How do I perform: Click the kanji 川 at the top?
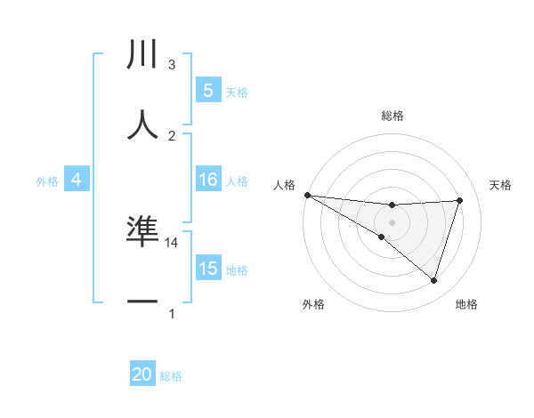pyautogui.click(x=143, y=55)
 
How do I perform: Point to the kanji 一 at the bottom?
pyautogui.click(x=143, y=301)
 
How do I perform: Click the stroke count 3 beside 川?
pyautogui.click(x=172, y=65)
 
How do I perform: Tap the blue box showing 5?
pyautogui.click(x=208, y=91)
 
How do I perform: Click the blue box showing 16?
pyautogui.click(x=208, y=181)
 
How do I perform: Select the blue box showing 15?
pyautogui.click(x=208, y=269)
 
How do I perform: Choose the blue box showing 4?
pyautogui.click(x=77, y=181)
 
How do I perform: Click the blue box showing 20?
pyautogui.click(x=142, y=375)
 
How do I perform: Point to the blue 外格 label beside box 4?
pyautogui.click(x=47, y=181)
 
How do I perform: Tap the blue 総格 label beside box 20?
pyautogui.click(x=171, y=376)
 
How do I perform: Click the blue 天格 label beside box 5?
pyautogui.click(x=237, y=92)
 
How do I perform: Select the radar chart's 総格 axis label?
pyautogui.click(x=392, y=116)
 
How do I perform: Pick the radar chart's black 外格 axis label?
pyautogui.click(x=313, y=305)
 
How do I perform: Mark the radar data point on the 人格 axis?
pyautogui.click(x=307, y=195)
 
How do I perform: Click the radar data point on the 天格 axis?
pyautogui.click(x=460, y=200)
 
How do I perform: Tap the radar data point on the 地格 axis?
pyautogui.click(x=434, y=280)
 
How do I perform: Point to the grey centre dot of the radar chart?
pyautogui.click(x=392, y=222)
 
